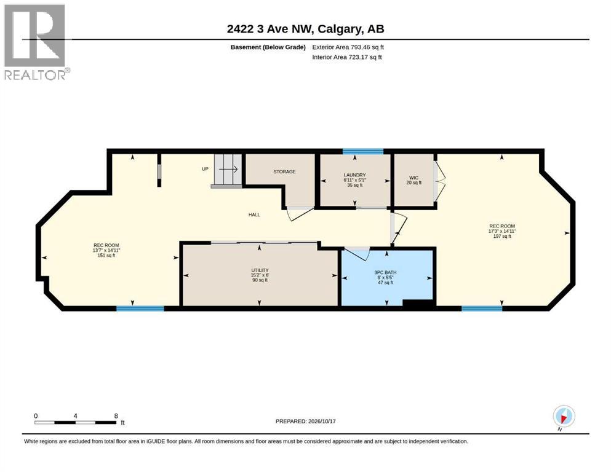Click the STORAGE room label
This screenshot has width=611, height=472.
(284, 171)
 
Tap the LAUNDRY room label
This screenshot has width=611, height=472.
(354, 180)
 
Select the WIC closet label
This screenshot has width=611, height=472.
(414, 180)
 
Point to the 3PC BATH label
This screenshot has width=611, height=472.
(385, 277)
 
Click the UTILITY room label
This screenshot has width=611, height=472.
(260, 275)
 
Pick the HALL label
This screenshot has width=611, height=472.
(254, 214)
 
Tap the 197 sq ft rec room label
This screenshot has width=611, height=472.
(502, 231)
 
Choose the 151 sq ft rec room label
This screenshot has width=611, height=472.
(106, 250)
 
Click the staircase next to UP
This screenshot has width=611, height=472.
(228, 170)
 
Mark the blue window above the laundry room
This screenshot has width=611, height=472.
(363, 152)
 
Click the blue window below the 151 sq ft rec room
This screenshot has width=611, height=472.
(140, 309)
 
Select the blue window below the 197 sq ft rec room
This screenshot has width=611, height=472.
(482, 309)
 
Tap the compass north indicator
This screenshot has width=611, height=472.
(564, 417)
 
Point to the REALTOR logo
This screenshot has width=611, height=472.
(36, 42)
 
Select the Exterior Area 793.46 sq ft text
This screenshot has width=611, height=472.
(348, 47)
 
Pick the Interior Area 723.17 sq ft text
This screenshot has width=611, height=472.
(347, 57)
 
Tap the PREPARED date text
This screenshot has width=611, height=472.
(305, 421)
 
